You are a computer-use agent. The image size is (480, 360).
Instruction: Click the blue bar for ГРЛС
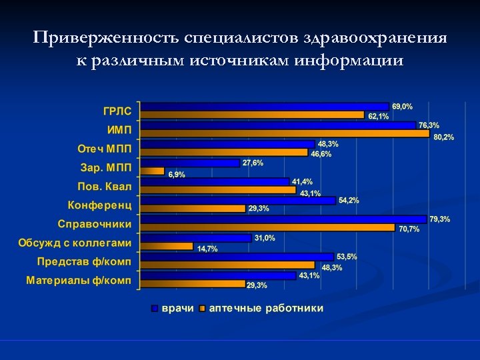(265, 106)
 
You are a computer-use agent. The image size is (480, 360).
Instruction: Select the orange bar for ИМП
(286, 134)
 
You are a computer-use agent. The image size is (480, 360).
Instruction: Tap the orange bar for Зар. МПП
(153, 171)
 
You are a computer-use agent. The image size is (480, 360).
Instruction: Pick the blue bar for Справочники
(284, 219)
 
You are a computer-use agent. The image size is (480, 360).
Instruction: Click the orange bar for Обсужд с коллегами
(168, 247)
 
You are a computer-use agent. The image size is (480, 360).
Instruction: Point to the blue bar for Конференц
(239, 200)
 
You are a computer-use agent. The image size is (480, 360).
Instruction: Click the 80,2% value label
(443, 137)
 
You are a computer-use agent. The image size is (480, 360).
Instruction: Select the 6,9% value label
(177, 175)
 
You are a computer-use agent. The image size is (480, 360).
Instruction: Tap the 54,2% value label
(349, 200)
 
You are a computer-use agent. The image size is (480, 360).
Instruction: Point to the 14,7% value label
(207, 249)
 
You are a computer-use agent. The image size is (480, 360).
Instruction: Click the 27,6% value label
(253, 163)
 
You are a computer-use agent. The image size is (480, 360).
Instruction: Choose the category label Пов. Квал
(105, 185)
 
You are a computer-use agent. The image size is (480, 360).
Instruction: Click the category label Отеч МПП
(105, 147)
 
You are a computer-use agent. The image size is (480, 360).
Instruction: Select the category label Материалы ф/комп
(79, 280)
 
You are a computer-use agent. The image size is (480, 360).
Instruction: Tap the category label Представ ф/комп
(84, 261)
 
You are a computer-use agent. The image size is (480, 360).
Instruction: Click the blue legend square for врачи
(155, 309)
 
